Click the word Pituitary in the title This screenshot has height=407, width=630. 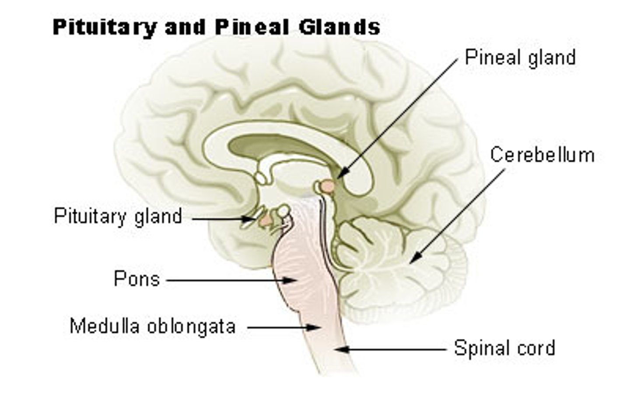(x=104, y=28)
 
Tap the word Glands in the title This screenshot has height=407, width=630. (x=339, y=27)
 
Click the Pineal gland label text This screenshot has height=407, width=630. (x=520, y=58)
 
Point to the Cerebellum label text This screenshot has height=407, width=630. (x=542, y=155)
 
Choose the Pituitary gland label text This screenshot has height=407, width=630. (x=118, y=216)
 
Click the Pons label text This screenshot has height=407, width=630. (x=136, y=279)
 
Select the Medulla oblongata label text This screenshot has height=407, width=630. (x=153, y=326)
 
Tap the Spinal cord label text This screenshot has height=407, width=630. (x=504, y=348)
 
